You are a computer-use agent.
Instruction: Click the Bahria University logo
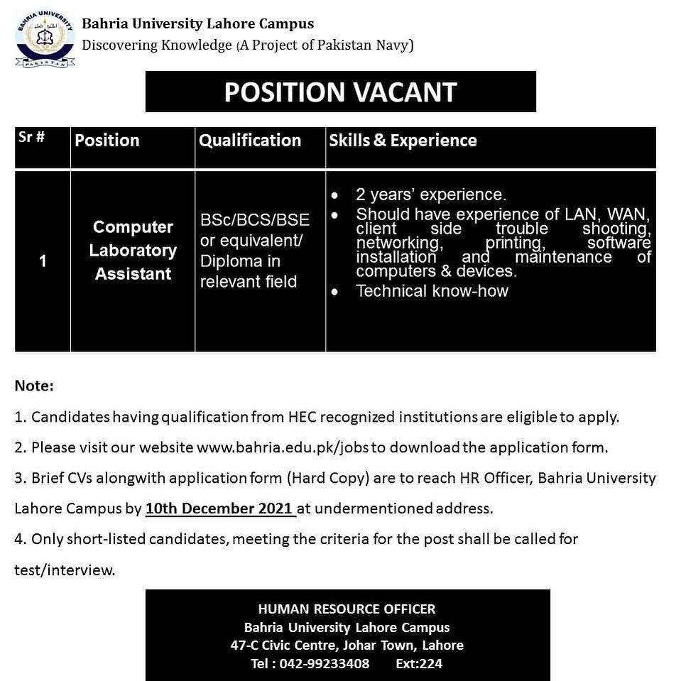45,38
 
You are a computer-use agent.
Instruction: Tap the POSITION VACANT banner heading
340,92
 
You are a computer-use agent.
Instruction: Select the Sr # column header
31,138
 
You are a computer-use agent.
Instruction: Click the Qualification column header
250,141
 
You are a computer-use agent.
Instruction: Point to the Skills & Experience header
403,141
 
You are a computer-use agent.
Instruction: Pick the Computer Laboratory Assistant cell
134,251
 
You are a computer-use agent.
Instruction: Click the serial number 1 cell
43,261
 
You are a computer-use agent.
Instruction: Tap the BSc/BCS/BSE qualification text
255,221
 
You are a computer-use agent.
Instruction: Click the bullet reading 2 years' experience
431,195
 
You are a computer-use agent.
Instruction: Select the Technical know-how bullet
432,290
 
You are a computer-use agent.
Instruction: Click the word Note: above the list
34,386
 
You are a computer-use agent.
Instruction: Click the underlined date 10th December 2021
219,508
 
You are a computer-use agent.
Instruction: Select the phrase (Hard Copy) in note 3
329,478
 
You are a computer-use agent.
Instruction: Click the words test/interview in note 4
65,570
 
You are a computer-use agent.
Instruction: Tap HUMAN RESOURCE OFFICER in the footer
347,609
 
